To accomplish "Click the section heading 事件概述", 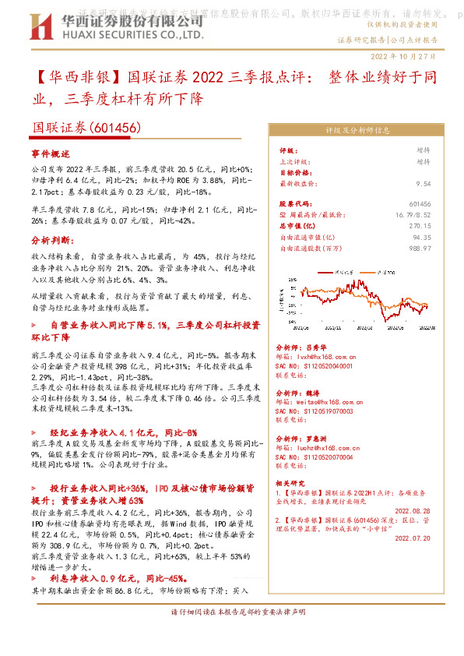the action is pyautogui.click(x=50, y=155).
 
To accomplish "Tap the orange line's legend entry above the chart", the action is pyautogui.click(x=380, y=273).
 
